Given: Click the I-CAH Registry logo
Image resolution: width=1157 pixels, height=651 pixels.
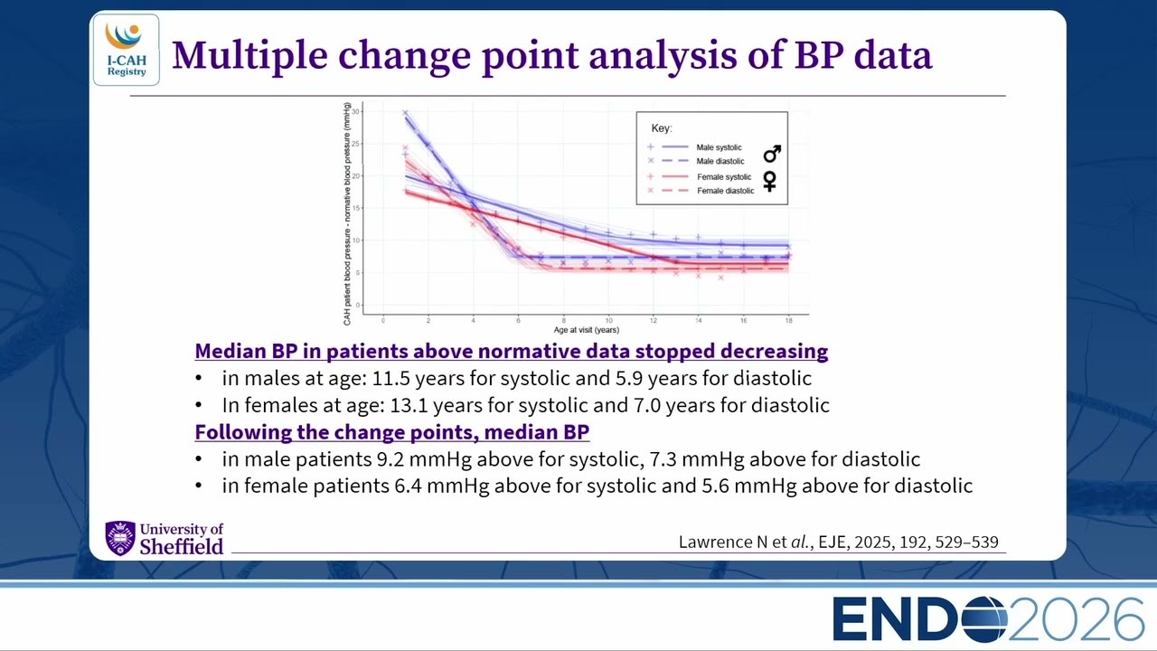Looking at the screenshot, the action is coord(126,50).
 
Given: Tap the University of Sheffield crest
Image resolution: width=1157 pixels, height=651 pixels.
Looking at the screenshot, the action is coord(120,538).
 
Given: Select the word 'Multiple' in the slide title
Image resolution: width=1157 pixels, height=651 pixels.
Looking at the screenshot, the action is coord(249,56).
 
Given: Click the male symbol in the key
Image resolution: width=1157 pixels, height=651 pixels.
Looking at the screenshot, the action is coord(772,154).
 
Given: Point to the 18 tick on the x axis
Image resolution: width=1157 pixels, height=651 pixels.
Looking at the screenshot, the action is coord(789,320).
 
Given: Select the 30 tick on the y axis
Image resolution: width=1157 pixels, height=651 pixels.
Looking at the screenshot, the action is coord(355,111).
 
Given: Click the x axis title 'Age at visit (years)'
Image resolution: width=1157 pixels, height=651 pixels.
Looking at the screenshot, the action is coord(587,330).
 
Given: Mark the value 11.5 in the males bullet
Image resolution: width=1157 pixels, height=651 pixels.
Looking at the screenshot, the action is coord(391,378).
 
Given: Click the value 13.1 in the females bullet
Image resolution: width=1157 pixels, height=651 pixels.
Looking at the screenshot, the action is coord(409,405).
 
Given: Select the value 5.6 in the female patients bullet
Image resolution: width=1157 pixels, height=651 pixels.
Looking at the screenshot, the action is coord(715,486).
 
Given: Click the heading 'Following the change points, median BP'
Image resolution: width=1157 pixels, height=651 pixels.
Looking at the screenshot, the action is coord(392,432).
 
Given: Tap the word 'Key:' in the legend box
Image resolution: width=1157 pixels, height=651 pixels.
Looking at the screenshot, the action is coord(661,128).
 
